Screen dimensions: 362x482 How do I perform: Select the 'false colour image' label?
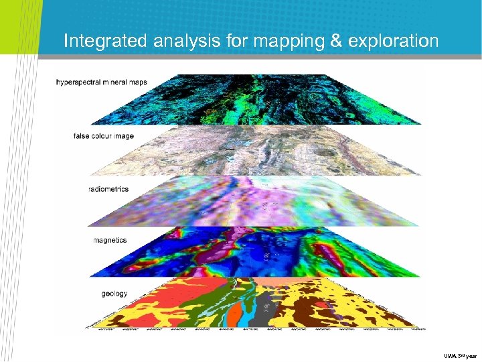[104, 136]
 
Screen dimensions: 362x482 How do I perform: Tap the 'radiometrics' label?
[108, 189]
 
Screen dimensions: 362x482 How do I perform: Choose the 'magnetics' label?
[110, 240]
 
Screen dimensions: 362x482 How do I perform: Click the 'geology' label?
[114, 294]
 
